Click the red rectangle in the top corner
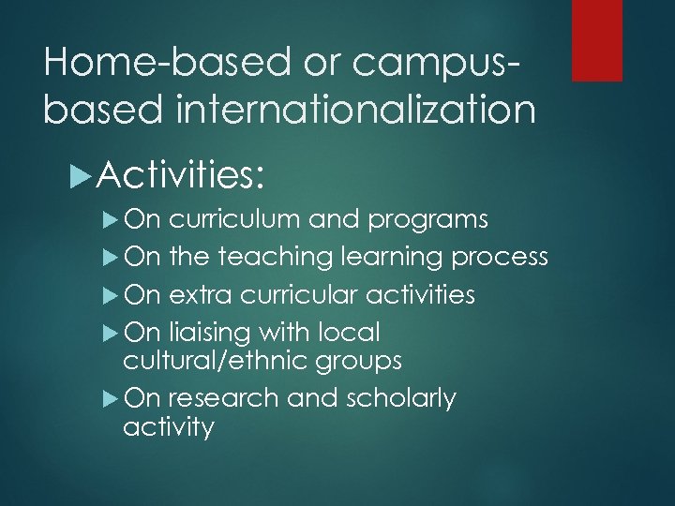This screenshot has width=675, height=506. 597,39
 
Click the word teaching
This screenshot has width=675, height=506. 277,258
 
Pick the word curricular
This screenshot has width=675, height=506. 298,296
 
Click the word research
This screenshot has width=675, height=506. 224,399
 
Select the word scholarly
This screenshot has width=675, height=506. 398,399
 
